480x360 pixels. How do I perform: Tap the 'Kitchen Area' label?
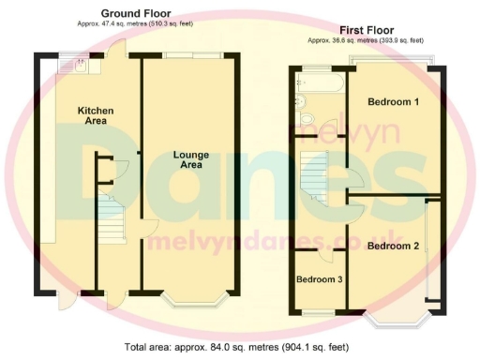pos(96,115)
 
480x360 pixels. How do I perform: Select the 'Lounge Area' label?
pos(190,159)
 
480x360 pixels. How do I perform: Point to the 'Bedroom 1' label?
pos(393,102)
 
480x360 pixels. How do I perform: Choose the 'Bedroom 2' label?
pos(392,247)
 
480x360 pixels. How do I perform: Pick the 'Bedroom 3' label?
pos(319,279)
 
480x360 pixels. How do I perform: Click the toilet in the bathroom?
pos(307,119)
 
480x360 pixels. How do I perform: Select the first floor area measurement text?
pos(365,41)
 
